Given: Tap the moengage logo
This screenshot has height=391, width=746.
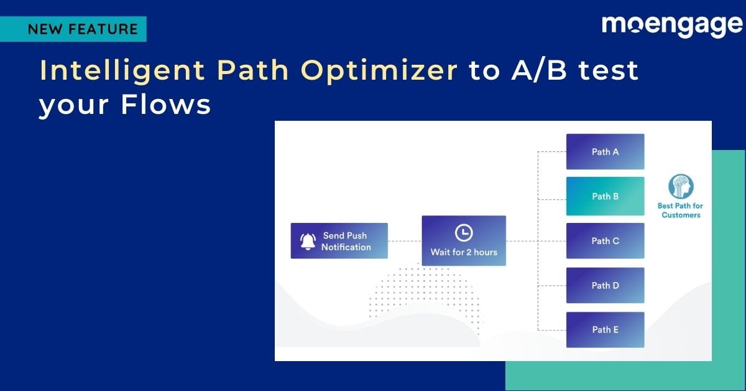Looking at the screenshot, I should [672, 26].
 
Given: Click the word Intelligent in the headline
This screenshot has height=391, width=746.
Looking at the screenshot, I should [121, 72].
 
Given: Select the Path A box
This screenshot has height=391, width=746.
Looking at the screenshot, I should [605, 151].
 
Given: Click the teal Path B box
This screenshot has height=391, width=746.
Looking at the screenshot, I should [605, 196].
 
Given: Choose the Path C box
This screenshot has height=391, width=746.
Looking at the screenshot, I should [605, 241].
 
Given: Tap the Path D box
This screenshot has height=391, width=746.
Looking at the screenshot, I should [605, 285].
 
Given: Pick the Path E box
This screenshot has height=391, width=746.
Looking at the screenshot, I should [605, 330].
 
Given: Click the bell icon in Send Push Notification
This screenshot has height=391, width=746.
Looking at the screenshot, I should [308, 242].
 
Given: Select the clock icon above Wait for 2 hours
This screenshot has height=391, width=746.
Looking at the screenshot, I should [464, 233].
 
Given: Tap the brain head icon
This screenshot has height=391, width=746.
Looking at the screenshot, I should [681, 187].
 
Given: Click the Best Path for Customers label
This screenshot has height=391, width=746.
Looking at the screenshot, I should [681, 210].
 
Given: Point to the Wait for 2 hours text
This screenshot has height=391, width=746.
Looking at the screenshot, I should [464, 252].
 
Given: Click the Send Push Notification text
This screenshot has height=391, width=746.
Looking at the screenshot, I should [346, 242].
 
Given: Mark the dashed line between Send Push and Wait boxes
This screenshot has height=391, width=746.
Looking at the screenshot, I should [405, 241].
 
